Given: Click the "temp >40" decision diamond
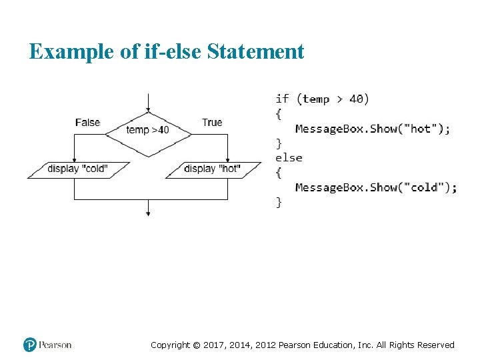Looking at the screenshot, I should [x=148, y=130].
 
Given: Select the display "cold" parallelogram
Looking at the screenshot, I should [x=77, y=169].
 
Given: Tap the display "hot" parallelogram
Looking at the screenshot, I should [x=213, y=169].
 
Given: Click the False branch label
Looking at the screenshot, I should [x=87, y=122].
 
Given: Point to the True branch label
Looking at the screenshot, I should [x=212, y=122].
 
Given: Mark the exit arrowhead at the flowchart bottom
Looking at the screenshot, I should [x=148, y=213].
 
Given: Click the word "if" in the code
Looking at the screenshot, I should [x=282, y=99].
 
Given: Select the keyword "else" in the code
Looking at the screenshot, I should [x=289, y=158].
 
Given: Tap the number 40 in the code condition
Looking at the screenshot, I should [x=357, y=99].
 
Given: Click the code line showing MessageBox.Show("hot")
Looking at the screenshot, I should [x=372, y=129].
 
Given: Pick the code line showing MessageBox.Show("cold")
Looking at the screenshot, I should [x=376, y=187].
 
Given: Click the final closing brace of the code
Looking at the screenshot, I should [x=279, y=202].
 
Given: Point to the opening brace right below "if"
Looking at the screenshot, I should [x=279, y=114].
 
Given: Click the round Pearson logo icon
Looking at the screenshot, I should [x=30, y=345].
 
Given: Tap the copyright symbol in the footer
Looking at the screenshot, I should [x=196, y=345].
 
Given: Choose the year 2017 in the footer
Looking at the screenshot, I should [x=215, y=345].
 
